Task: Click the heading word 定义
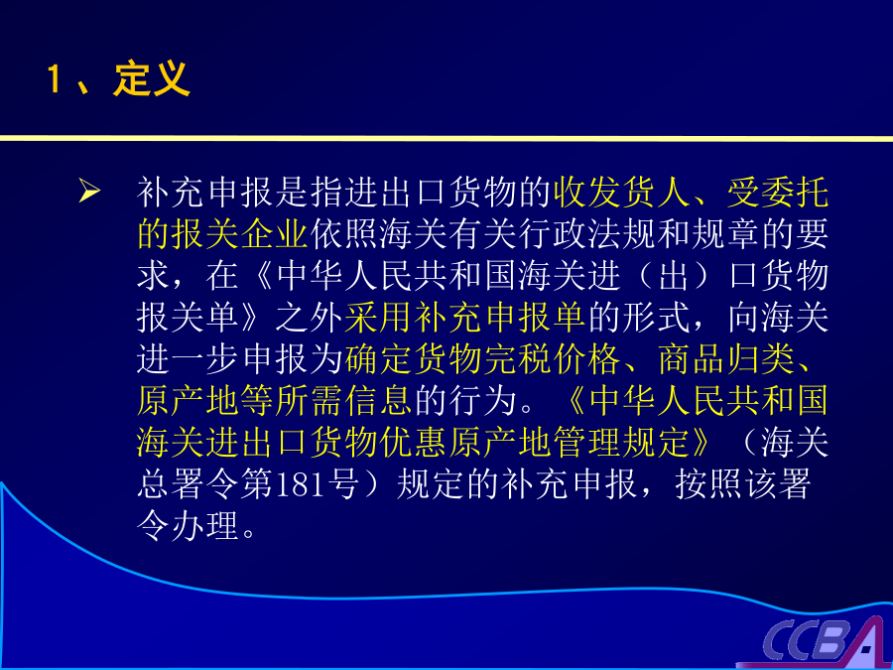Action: click(x=152, y=78)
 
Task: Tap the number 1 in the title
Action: click(x=55, y=78)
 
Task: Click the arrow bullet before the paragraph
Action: click(x=90, y=191)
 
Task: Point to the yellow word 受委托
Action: click(x=777, y=192)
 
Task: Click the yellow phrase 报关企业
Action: click(x=240, y=233)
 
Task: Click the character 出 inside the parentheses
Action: click(x=676, y=276)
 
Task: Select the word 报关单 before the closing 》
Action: click(x=188, y=318)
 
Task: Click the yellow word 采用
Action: click(x=378, y=318)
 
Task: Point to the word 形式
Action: click(x=656, y=318)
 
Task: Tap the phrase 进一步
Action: click(x=188, y=360)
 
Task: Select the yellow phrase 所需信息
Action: click(x=343, y=401)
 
